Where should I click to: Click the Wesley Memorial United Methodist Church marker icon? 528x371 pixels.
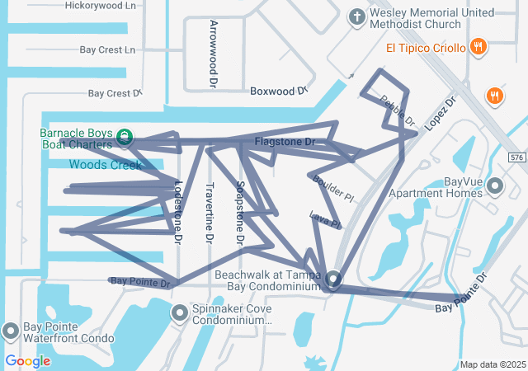(356, 16)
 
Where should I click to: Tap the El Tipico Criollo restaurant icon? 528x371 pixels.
(477, 47)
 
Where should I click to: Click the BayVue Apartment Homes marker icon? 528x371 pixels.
(496, 185)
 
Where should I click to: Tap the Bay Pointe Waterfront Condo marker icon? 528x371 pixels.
(11, 331)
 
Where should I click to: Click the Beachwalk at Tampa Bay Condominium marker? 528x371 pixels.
(333, 279)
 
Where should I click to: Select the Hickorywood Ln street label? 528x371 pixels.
(101, 5)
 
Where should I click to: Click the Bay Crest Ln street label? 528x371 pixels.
(107, 49)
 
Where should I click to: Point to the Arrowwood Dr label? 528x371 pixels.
(213, 54)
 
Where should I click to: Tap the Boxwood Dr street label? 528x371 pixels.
(279, 90)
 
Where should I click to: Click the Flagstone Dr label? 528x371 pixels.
(285, 142)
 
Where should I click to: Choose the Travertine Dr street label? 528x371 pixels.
(209, 213)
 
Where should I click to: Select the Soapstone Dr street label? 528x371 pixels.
(240, 213)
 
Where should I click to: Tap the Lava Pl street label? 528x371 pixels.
(324, 220)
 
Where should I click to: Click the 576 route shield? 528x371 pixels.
(516, 157)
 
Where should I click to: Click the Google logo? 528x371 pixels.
(27, 360)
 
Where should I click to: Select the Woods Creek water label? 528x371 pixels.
(106, 165)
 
